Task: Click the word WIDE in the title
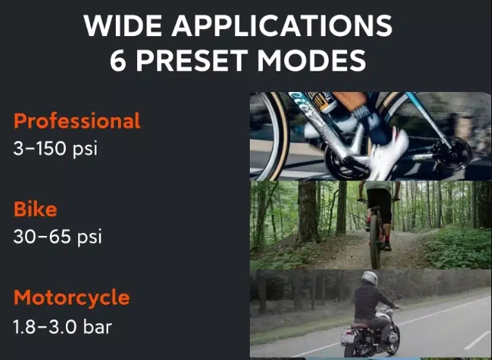123,25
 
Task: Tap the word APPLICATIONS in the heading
282,25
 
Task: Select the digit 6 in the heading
118,61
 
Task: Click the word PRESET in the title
192,61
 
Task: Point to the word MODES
312,61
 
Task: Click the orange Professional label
77,121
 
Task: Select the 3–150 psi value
55,148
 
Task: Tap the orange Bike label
35,209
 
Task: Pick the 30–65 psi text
57,237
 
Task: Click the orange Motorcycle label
71,298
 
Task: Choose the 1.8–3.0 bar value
62,326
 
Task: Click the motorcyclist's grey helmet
369,278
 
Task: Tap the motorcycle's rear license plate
348,338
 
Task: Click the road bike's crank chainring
345,163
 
